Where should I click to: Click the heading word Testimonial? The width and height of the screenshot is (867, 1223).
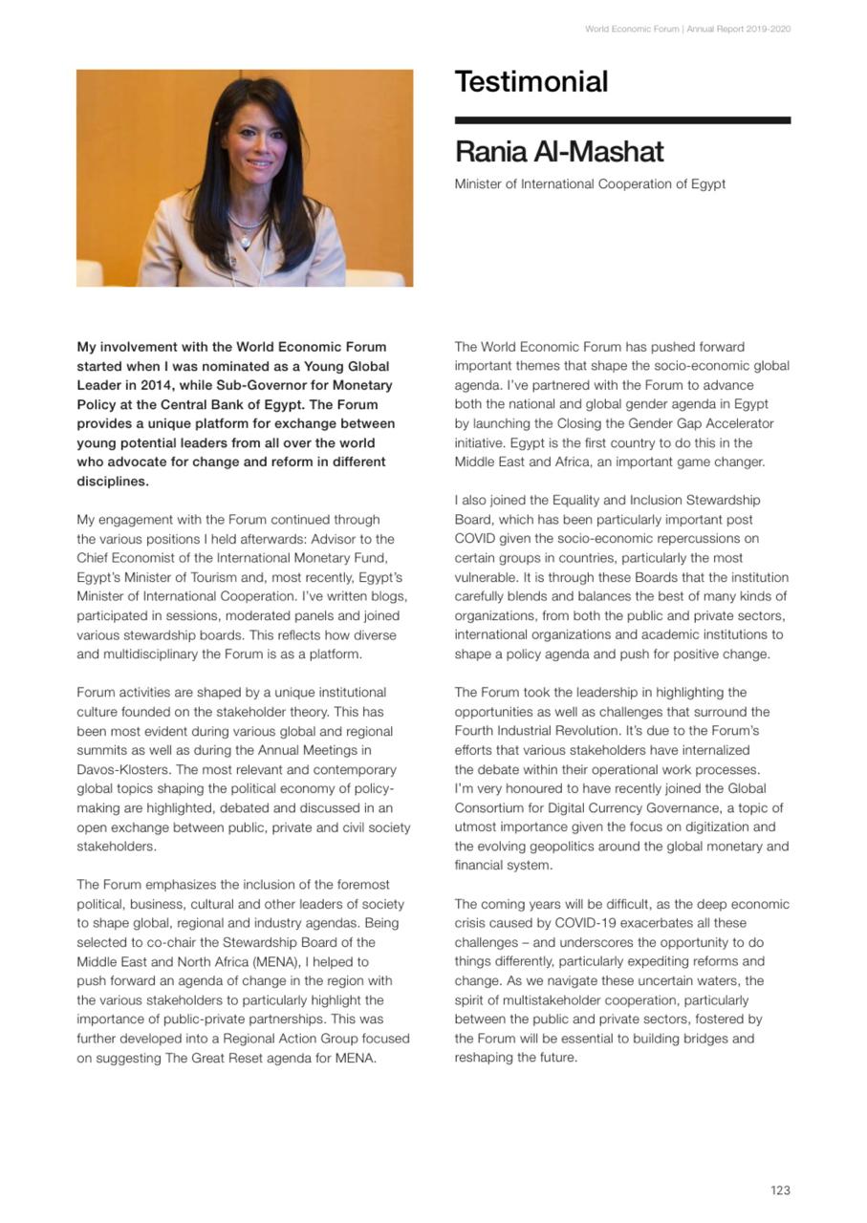531,82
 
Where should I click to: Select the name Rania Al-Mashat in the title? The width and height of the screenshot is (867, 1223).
559,152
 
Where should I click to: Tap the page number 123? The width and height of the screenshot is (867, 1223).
780,1191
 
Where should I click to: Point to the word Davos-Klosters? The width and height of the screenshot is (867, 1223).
123,770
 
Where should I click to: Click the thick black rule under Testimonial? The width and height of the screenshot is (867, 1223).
622,120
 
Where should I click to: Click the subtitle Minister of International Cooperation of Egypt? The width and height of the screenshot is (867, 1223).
590,183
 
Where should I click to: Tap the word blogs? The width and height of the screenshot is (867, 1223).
389,596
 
